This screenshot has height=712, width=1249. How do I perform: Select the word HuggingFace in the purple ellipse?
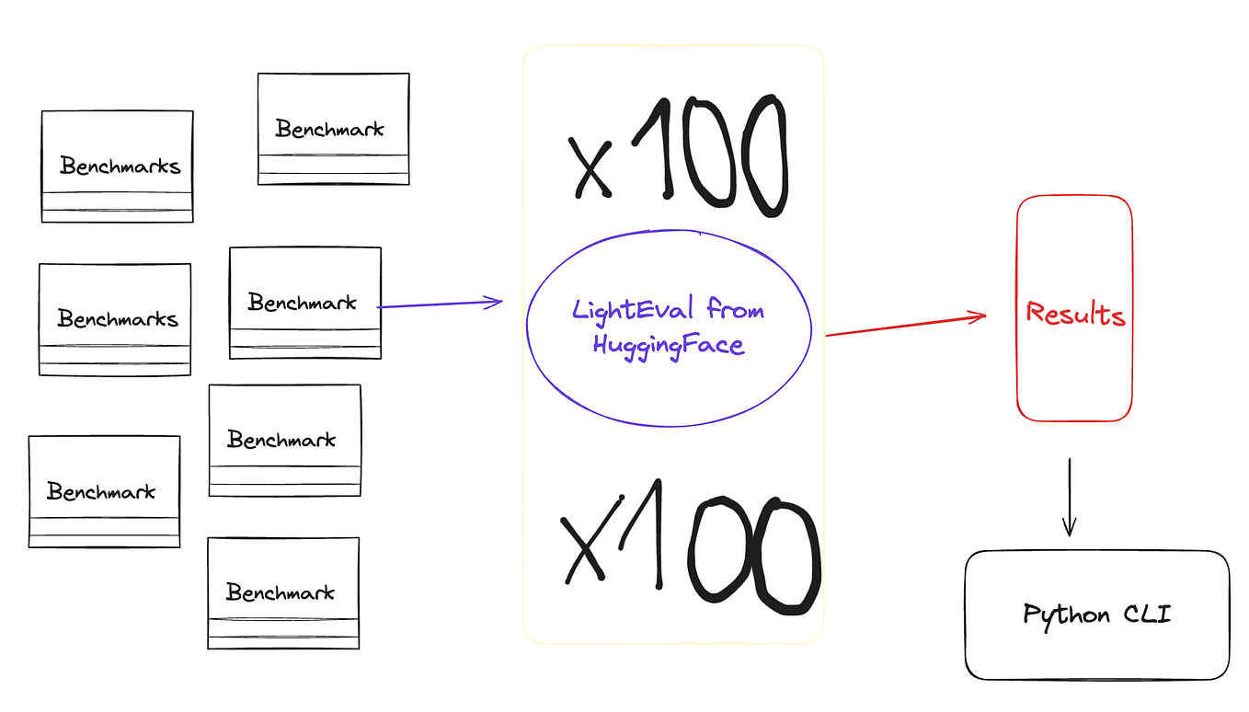(x=669, y=346)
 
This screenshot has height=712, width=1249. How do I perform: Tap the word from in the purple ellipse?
(x=735, y=310)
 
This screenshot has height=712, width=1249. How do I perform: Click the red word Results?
(x=1075, y=315)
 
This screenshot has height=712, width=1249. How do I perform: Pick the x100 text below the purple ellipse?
(x=689, y=550)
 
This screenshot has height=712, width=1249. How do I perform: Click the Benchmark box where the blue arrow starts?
(x=304, y=303)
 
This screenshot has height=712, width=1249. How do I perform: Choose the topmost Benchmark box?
(x=333, y=129)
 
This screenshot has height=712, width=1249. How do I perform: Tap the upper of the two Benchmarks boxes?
(x=118, y=167)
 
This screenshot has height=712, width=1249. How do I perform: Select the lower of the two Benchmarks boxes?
(x=115, y=319)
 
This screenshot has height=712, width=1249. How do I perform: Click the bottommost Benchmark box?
(x=283, y=593)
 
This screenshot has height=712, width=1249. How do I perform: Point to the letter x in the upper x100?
(x=590, y=167)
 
